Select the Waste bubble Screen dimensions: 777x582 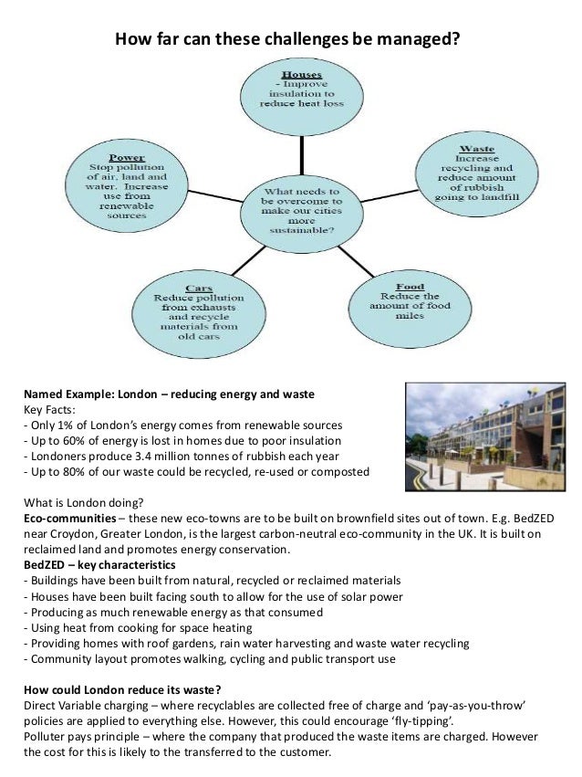(x=478, y=174)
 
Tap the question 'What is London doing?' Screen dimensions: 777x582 (x=81, y=503)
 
